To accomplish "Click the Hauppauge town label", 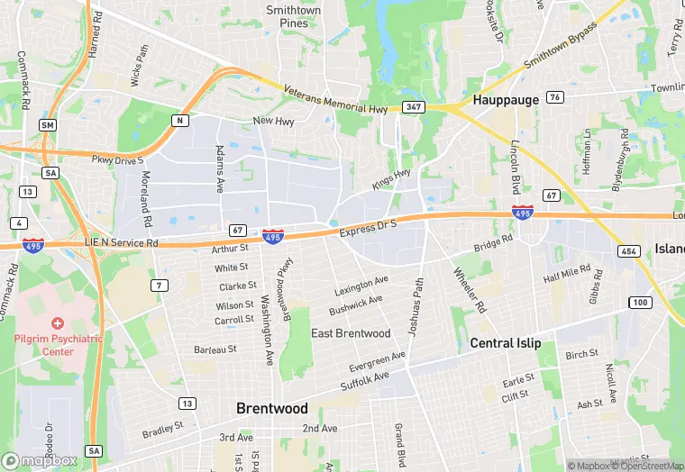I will (505, 100).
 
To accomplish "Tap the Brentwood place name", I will (271, 408).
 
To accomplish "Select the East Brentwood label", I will (351, 333).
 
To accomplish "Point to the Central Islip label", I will (505, 343).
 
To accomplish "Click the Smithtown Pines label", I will (293, 16).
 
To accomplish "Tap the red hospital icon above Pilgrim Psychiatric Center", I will (58, 322).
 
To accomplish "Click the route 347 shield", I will (413, 107).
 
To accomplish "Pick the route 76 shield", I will (555, 97).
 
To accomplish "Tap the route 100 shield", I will (641, 302).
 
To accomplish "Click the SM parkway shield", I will (48, 124).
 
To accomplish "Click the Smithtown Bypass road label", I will (561, 51).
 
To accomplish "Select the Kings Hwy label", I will (391, 178).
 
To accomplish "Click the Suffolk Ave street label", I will (364, 380).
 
